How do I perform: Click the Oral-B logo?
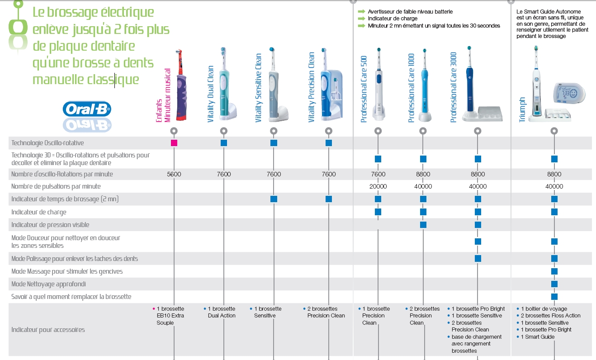86,109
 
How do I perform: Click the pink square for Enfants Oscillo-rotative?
174,143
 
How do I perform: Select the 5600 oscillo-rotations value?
174,174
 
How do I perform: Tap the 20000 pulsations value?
378,186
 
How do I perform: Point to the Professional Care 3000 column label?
454,87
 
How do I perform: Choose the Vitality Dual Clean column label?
211,94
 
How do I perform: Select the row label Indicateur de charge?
39,212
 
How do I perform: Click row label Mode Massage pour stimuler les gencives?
67,271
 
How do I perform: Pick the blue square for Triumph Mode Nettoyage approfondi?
554,284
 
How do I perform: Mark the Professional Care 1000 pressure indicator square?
423,225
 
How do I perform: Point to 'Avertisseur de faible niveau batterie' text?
410,12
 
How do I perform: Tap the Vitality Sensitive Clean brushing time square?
274,199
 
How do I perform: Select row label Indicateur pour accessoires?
48,330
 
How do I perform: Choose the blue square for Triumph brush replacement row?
554,297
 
